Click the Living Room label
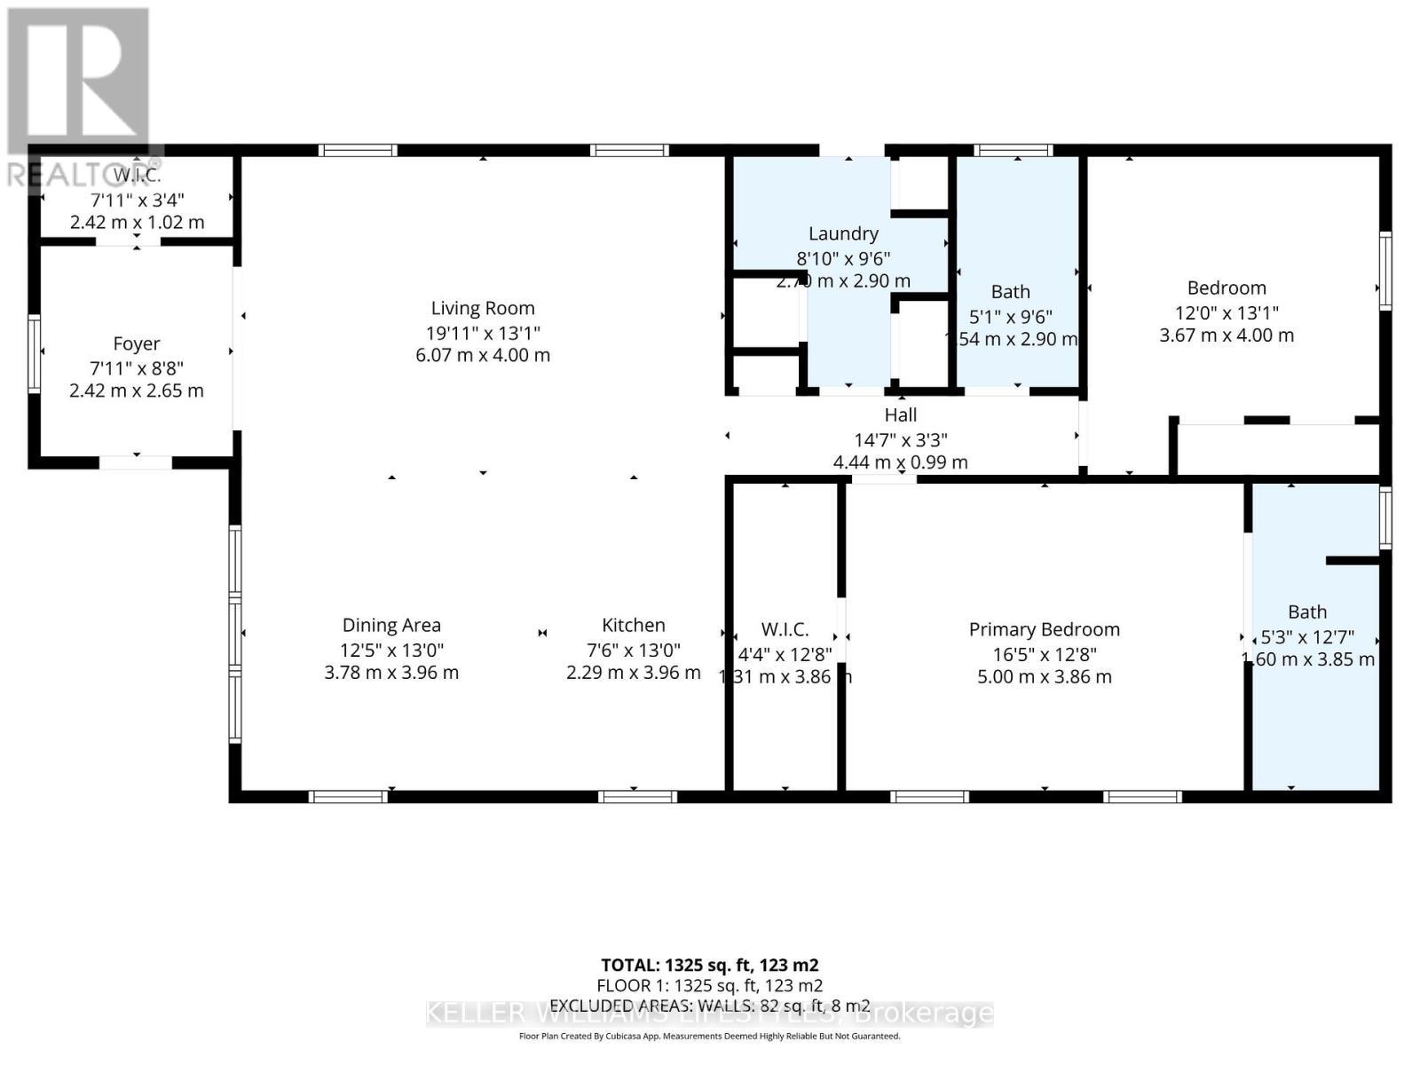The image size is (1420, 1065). (483, 308)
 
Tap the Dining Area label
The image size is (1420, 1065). (391, 625)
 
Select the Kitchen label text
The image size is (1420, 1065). (633, 625)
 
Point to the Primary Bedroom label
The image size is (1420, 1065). (1044, 629)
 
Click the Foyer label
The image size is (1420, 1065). (137, 343)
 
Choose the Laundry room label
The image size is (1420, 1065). (843, 233)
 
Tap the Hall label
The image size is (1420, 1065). (900, 414)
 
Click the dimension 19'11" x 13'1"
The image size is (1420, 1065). (483, 333)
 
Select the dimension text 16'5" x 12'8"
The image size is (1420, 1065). (1044, 654)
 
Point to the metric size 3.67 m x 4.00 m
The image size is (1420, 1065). (1227, 335)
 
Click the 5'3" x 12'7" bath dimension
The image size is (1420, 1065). (1307, 636)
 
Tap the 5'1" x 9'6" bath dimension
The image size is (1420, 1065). (1010, 317)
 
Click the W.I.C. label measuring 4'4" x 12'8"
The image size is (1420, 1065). (785, 629)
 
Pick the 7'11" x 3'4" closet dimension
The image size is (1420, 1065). (137, 201)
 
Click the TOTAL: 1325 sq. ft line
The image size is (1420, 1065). (709, 965)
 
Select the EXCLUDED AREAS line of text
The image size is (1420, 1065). (709, 1006)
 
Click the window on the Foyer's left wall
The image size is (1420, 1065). (34, 353)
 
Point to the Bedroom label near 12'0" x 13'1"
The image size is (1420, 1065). (1227, 288)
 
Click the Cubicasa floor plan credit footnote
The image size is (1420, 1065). (709, 1036)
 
